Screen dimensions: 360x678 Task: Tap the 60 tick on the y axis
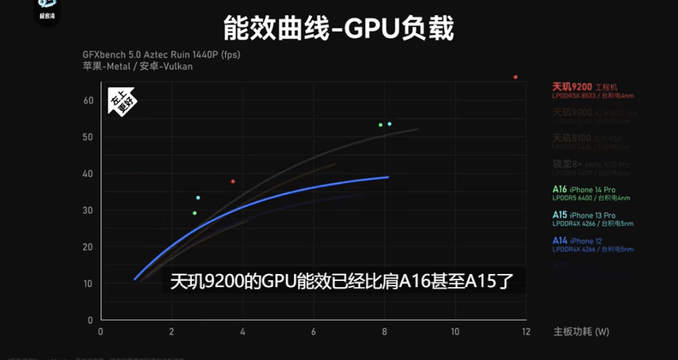pos(88,100)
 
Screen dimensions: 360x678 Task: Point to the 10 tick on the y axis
pos(88,283)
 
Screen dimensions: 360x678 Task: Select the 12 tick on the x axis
pos(526,332)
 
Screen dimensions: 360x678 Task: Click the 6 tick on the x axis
pos(314,332)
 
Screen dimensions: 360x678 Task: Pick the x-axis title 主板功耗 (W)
pos(581,332)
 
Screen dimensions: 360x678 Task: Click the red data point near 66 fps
pos(515,77)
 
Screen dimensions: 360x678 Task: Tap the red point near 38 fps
pos(233,181)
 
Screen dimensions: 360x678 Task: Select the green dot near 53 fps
pos(380,125)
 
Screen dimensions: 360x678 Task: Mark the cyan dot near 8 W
pos(389,124)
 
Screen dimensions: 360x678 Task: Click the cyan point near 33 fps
pos(198,198)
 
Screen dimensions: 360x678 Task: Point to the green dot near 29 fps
pos(195,213)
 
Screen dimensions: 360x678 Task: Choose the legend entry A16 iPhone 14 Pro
pos(583,189)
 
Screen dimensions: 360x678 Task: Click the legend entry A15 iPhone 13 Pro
pos(583,215)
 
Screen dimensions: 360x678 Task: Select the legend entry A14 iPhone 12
pos(577,241)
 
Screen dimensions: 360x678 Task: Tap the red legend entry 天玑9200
pos(585,87)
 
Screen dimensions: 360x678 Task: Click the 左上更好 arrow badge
pos(122,105)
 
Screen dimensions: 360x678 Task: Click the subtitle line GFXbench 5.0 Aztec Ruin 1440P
pos(161,54)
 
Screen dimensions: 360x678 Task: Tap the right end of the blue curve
pos(388,177)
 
